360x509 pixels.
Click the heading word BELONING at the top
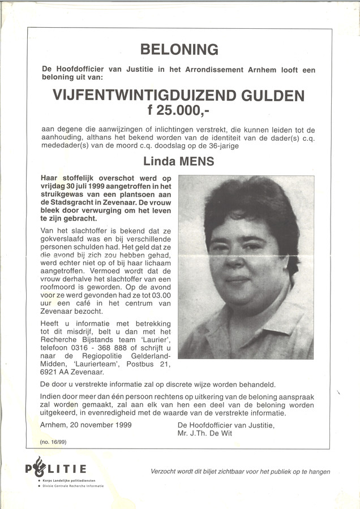pos(179,50)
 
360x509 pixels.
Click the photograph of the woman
pos(246,267)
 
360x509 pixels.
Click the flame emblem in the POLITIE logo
pos(38,465)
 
